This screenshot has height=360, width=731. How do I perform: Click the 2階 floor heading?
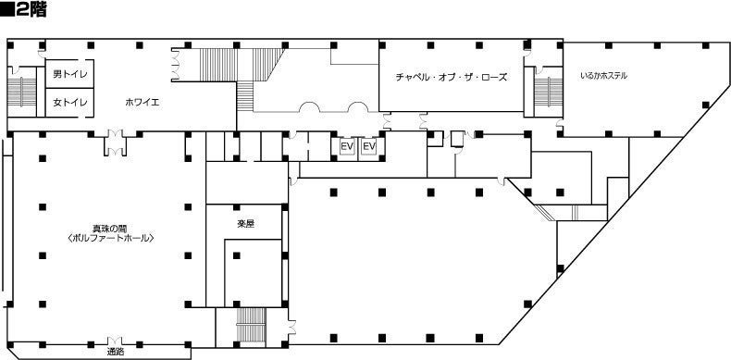pyautogui.click(x=31, y=10)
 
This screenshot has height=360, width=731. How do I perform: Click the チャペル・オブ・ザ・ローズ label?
pyautogui.click(x=451, y=78)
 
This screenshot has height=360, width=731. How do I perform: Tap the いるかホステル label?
pyautogui.click(x=603, y=76)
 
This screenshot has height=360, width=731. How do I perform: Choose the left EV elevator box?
pyautogui.click(x=346, y=147)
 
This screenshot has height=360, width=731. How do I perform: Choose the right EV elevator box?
pyautogui.click(x=369, y=147)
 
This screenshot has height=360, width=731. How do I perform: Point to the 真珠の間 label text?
pyautogui.click(x=110, y=229)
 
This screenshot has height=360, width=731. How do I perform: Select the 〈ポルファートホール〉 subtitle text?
pyautogui.click(x=110, y=238)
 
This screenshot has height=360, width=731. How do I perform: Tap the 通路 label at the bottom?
pyautogui.click(x=115, y=353)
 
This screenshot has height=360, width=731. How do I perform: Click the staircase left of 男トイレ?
pyautogui.click(x=22, y=93)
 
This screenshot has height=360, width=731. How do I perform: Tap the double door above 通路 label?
pyautogui.click(x=115, y=341)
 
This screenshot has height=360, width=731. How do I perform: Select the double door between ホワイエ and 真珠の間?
pyautogui.click(x=115, y=143)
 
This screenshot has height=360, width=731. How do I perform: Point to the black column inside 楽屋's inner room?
pyautogui.click(x=236, y=255)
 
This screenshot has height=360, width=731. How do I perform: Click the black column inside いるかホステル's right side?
pyautogui.click(x=705, y=105)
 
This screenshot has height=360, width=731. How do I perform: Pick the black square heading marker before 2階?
pyautogui.click(x=7, y=10)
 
